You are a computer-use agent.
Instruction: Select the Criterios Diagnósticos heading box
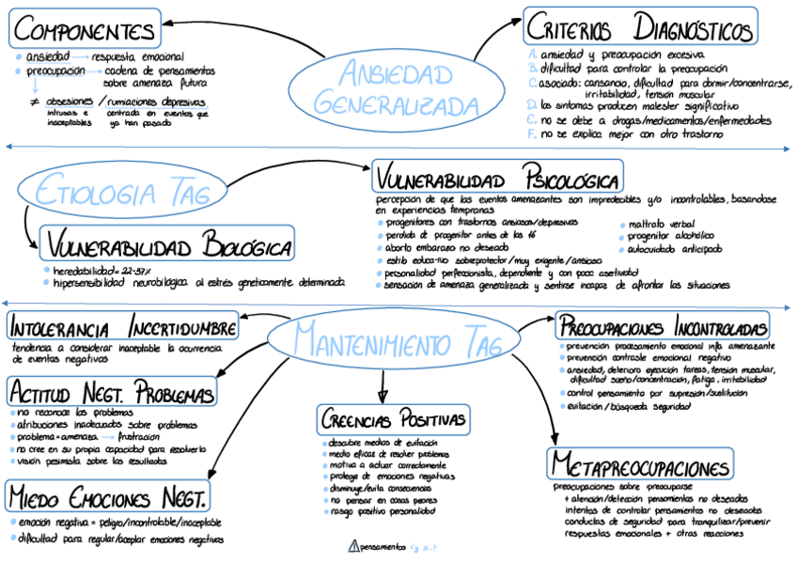pyautogui.click(x=640, y=26)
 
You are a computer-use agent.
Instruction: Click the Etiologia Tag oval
pyautogui.click(x=123, y=194)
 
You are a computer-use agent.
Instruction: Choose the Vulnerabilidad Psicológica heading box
pyautogui.click(x=498, y=179)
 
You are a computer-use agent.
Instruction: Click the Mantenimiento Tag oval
pyautogui.click(x=396, y=340)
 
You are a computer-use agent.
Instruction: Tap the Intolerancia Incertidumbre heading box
pyautogui.click(x=123, y=327)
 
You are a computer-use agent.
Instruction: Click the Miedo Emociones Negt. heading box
pyautogui.click(x=109, y=496)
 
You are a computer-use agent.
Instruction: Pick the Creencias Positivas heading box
pyautogui.click(x=394, y=419)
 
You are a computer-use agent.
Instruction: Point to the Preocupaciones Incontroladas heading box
pyautogui.click(x=663, y=326)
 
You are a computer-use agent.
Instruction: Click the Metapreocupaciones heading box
pyautogui.click(x=640, y=466)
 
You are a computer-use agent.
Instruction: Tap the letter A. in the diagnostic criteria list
pyautogui.click(x=533, y=54)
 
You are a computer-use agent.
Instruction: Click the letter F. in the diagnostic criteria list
pyautogui.click(x=532, y=134)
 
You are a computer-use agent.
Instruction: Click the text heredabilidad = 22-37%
pyautogui.click(x=109, y=269)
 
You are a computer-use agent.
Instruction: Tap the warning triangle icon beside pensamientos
pyautogui.click(x=353, y=546)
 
